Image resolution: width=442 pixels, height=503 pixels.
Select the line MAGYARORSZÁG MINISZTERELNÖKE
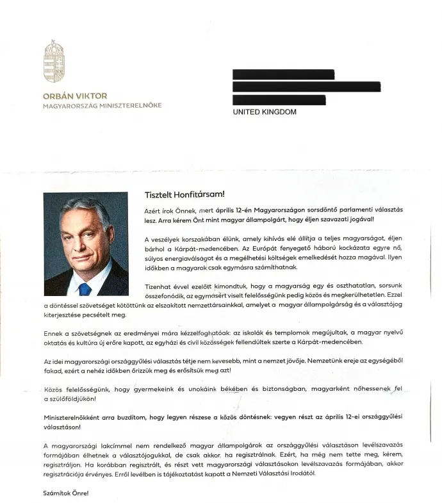pyautogui.click(x=102, y=106)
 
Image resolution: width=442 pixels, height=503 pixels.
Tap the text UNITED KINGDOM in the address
pyautogui.click(x=264, y=112)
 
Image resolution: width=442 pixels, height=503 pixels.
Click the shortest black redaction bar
pyautogui.click(x=279, y=100)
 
